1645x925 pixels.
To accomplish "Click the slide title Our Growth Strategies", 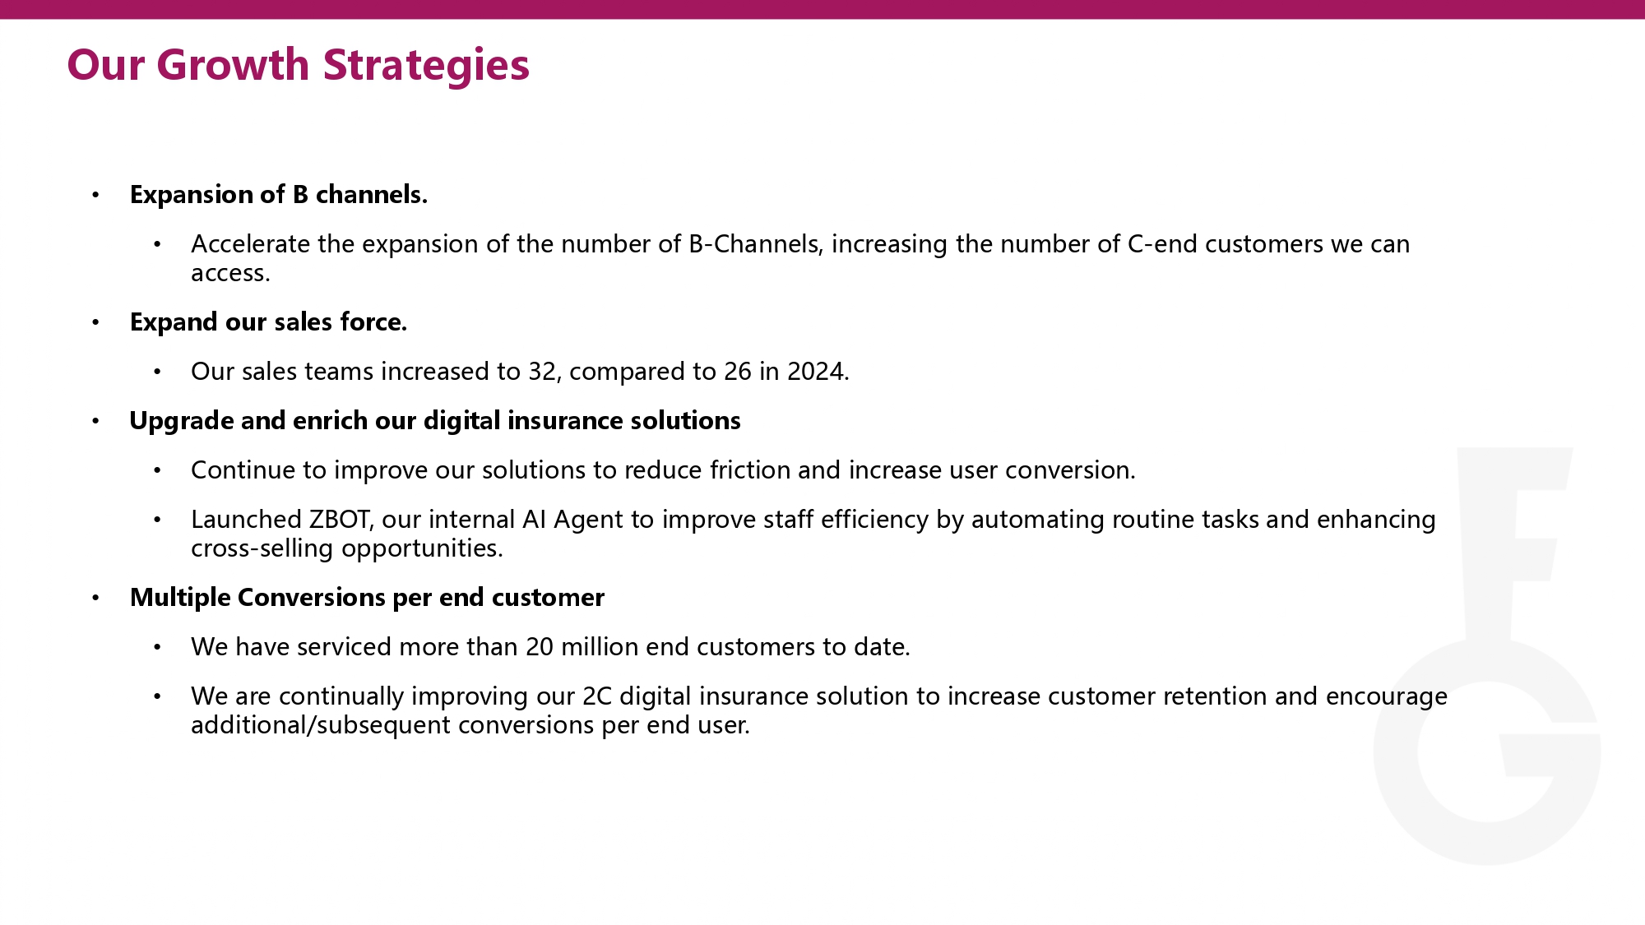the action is [299, 65].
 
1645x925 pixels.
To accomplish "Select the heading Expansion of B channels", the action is [279, 195].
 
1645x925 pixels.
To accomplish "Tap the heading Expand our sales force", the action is [269, 322].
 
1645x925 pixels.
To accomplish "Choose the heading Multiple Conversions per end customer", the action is [367, 598].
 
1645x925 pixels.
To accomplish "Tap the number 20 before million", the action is [540, 647].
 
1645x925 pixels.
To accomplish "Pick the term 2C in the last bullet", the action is [597, 696].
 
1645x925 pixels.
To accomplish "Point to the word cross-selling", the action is [263, 548].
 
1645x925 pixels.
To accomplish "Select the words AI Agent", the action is [572, 520].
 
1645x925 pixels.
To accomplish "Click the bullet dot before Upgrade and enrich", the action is [95, 421].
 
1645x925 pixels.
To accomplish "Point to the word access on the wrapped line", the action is [228, 274].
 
